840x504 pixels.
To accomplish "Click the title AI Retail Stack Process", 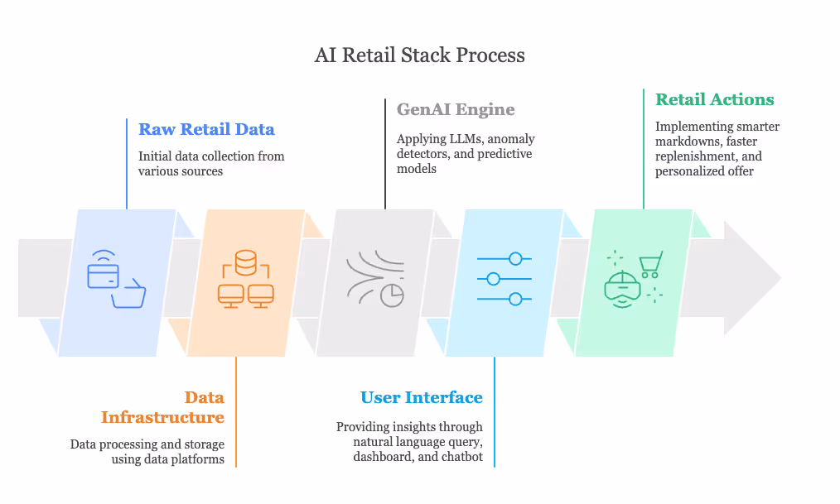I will click(419, 55).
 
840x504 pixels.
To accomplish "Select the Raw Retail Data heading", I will click(206, 129).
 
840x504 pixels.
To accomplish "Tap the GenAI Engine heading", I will click(456, 109).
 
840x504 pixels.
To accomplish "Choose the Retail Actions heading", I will click(714, 99).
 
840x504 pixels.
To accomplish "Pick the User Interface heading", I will click(422, 397).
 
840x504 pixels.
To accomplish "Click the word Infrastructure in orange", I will click(162, 417).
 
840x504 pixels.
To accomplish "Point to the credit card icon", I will click(103, 274).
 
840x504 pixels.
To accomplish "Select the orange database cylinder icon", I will click(246, 264).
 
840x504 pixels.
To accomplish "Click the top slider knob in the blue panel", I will click(515, 259).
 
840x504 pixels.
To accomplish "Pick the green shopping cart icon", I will click(650, 263).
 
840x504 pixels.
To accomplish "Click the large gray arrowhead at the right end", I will click(751, 277).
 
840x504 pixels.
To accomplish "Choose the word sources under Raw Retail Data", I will click(203, 171).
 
